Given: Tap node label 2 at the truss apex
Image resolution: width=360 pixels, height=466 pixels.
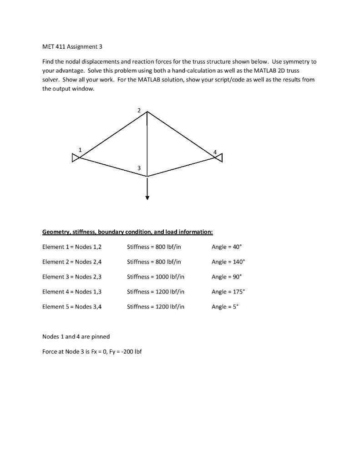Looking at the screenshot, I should pyautogui.click(x=139, y=110).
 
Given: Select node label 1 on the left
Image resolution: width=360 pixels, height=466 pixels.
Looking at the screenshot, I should pyautogui.click(x=80, y=150).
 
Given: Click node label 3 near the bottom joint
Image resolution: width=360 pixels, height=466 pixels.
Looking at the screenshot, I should pyautogui.click(x=139, y=169).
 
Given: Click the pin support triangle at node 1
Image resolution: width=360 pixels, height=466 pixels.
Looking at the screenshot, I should pyautogui.click(x=75, y=158).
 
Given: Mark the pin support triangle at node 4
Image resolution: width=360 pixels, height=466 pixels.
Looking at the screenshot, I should pyautogui.click(x=219, y=158).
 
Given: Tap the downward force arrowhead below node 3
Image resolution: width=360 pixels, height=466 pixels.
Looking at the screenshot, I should pyautogui.click(x=147, y=197).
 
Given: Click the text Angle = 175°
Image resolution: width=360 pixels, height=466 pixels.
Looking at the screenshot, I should pyautogui.click(x=228, y=292).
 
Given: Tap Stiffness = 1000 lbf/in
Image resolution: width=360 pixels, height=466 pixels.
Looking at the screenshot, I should pyautogui.click(x=156, y=277).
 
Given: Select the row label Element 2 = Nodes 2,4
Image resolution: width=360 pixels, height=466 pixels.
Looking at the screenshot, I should pyautogui.click(x=72, y=262).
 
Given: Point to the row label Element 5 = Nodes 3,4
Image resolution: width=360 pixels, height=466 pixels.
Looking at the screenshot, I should pyautogui.click(x=72, y=307).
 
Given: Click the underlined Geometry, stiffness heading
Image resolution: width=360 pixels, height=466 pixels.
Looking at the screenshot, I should pyautogui.click(x=127, y=232).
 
